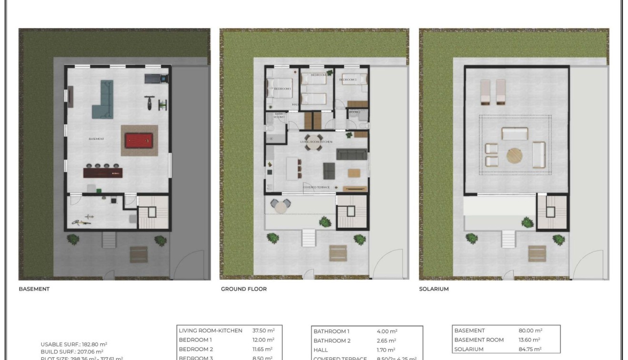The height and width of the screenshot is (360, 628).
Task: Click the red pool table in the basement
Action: coord(140,141)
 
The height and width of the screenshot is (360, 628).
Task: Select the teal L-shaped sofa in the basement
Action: coord(104,100)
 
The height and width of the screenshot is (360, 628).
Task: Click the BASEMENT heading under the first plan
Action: coord(34,289)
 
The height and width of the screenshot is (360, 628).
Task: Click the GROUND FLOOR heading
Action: coord(243,289)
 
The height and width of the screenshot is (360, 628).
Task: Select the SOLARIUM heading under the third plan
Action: coord(433,289)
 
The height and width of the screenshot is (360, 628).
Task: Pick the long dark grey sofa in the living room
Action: coord(352,154)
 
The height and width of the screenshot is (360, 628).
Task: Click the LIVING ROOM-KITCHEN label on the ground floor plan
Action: coord(316,142)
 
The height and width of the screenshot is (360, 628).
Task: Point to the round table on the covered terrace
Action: coord(280,206)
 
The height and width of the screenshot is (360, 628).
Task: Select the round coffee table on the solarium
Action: coord(514,156)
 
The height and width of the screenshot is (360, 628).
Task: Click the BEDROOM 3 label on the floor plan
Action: coord(348,80)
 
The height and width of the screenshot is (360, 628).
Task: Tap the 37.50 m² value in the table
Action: coord(263,330)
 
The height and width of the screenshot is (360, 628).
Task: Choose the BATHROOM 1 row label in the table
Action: coord(331,331)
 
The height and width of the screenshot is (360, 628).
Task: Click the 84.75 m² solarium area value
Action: coord(530,349)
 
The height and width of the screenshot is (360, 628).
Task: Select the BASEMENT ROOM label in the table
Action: coord(478,340)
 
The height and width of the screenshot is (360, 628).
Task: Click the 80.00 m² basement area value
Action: coord(530,330)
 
